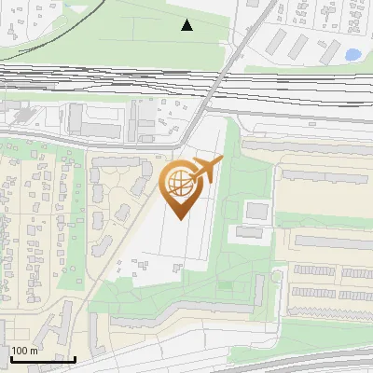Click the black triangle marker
tap(187, 25)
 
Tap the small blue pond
tap(353, 55)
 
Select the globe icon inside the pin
tap(179, 184)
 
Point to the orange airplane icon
tap(207, 171)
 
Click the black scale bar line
tap(41, 359)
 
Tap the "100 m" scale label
tap(24, 351)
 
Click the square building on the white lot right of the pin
tap(256, 211)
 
